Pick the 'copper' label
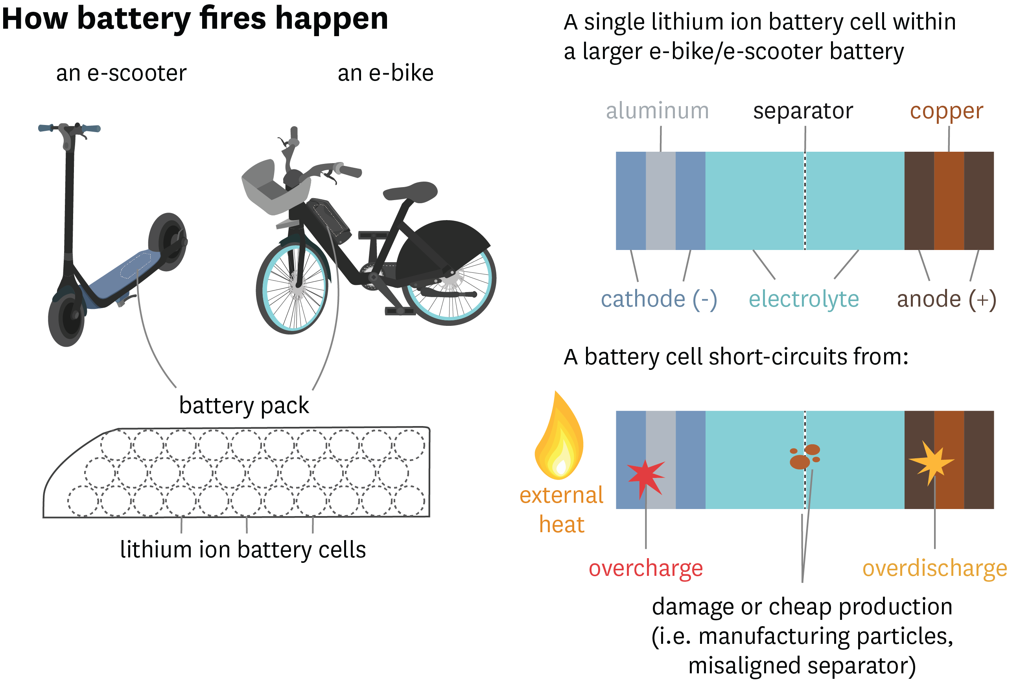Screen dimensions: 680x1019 tap(946, 112)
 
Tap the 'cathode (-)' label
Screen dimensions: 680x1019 tap(658, 299)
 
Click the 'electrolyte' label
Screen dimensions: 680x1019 tap(803, 299)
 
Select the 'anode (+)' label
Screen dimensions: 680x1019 tap(946, 299)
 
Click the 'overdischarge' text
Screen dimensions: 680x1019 tap(934, 568)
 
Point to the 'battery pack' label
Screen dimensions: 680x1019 tap(244, 406)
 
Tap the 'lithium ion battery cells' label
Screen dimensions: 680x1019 tap(243, 550)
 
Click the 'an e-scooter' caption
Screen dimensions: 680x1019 tap(122, 73)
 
